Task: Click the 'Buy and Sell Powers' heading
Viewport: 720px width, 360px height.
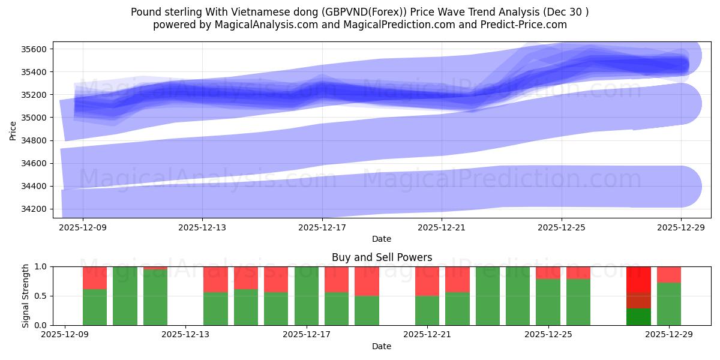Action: [382, 257]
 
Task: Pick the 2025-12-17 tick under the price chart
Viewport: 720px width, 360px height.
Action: [322, 228]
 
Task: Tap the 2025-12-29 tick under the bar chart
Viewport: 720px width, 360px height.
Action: [670, 335]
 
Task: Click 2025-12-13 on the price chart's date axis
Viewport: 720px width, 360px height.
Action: [202, 228]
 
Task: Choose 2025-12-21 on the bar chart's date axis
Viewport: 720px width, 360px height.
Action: [427, 335]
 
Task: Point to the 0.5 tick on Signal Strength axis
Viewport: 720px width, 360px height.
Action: [41, 296]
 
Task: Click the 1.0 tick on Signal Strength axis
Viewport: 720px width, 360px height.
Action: [41, 266]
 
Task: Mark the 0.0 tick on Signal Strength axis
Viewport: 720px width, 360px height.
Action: [41, 325]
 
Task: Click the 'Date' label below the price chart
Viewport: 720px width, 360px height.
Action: [382, 239]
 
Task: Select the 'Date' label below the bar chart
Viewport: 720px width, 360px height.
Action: [382, 346]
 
